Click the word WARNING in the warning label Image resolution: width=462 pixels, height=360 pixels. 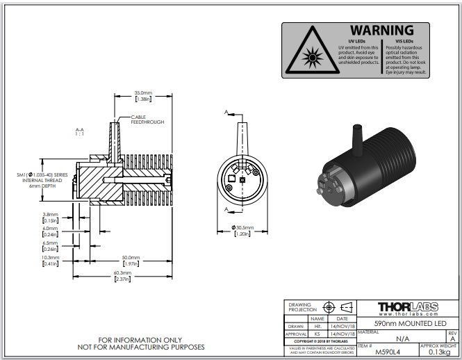point(381,31)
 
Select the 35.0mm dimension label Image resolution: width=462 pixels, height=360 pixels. point(142,92)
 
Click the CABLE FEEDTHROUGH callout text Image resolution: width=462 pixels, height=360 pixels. point(147,120)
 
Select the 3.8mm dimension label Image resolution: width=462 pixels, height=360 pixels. point(50,214)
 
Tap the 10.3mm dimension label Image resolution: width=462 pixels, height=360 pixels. point(50,256)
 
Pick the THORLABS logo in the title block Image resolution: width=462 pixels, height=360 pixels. point(406,306)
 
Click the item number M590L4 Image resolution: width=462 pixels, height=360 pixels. point(393,352)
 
